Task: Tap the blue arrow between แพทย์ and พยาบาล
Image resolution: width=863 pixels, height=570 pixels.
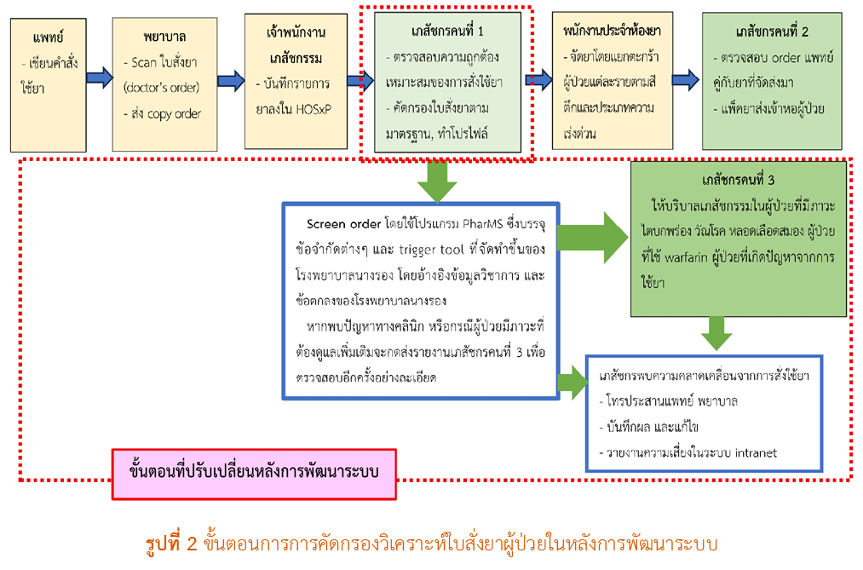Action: point(99,78)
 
